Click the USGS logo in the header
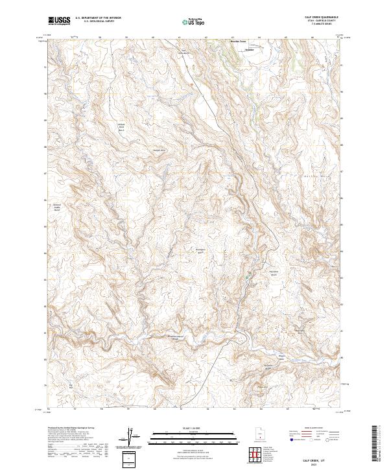tap(59, 21)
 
